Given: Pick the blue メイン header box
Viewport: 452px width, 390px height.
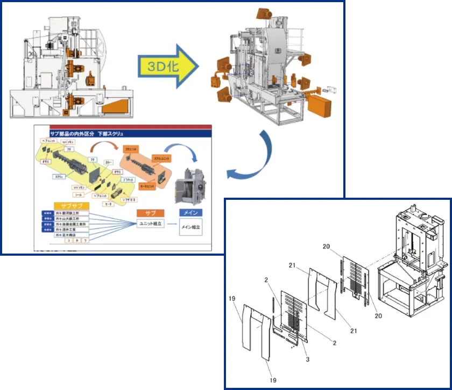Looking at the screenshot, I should tap(190, 213).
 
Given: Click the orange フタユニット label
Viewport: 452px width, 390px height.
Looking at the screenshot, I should tap(131, 147).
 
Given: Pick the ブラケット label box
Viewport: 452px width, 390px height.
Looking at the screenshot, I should tap(127, 179).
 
